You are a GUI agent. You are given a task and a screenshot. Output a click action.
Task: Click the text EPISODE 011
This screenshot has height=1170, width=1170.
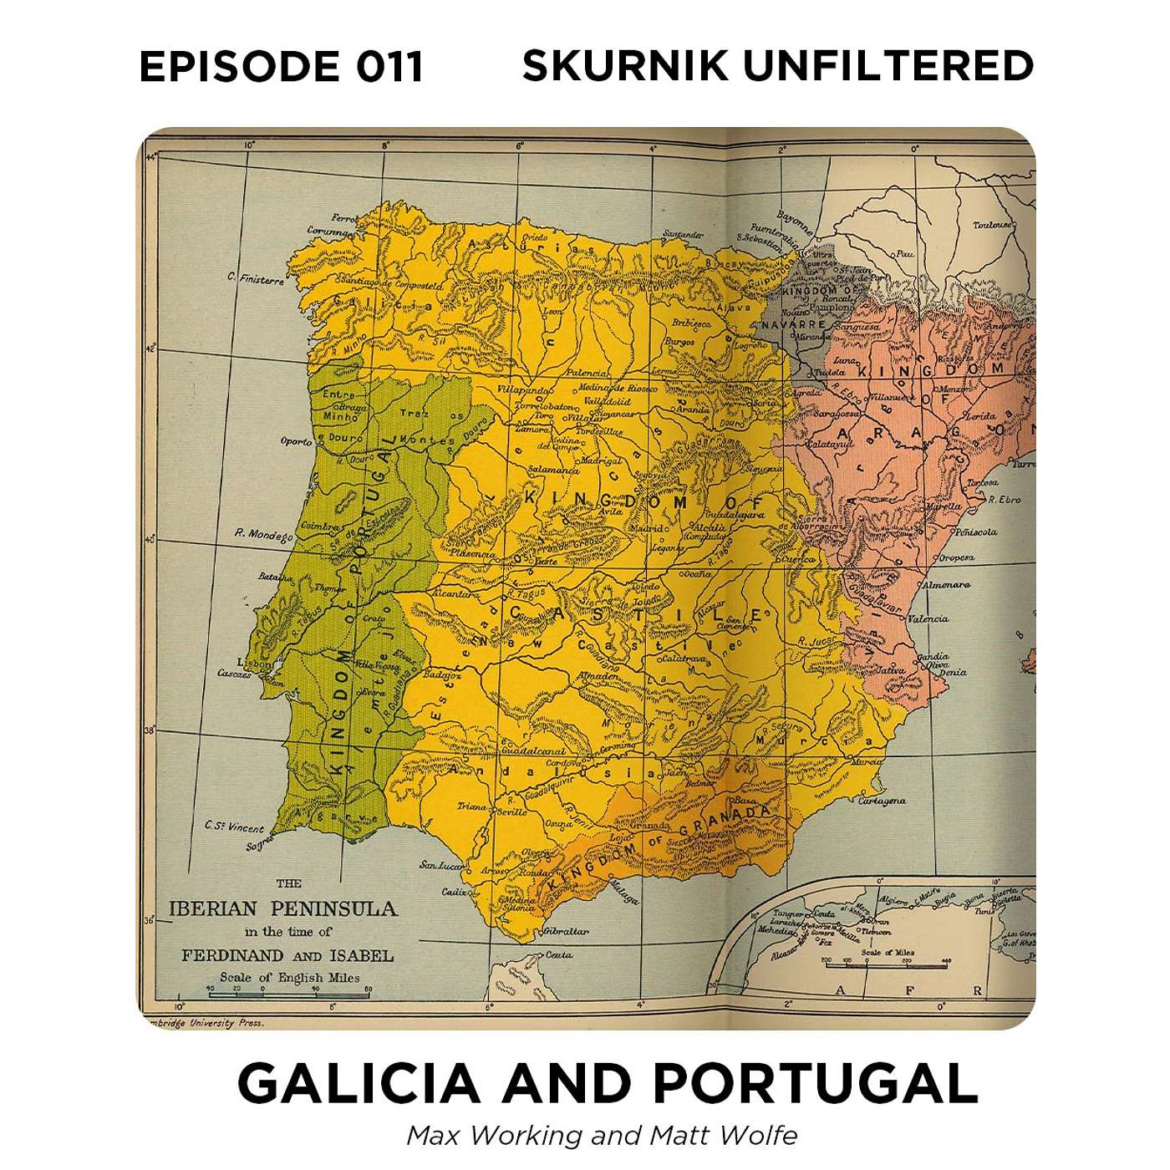281,67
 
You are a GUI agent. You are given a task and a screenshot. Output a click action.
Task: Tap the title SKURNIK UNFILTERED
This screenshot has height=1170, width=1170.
777,67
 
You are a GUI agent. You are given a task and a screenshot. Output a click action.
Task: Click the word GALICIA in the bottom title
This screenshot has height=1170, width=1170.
359,1084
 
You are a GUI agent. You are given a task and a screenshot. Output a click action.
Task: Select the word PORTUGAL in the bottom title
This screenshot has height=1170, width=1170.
815,1084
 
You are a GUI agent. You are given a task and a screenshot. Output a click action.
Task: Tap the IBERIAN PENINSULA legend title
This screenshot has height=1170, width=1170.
282,909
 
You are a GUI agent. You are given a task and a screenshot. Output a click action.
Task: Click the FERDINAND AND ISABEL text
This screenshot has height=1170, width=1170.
287,955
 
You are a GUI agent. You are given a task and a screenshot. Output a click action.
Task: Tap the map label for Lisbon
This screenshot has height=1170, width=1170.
253,663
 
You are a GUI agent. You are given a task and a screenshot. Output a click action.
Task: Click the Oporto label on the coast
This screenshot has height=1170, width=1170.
296,441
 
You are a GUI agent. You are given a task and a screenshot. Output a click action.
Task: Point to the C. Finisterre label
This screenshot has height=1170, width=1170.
256,279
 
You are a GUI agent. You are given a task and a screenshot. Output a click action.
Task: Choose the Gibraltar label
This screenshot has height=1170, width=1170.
566,931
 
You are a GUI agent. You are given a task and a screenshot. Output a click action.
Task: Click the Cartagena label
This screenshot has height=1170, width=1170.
882,801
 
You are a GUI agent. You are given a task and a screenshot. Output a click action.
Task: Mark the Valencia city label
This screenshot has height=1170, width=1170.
927,619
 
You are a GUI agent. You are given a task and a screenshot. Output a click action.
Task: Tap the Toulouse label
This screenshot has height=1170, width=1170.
992,225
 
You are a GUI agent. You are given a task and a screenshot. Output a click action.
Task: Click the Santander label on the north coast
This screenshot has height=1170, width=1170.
683,235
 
